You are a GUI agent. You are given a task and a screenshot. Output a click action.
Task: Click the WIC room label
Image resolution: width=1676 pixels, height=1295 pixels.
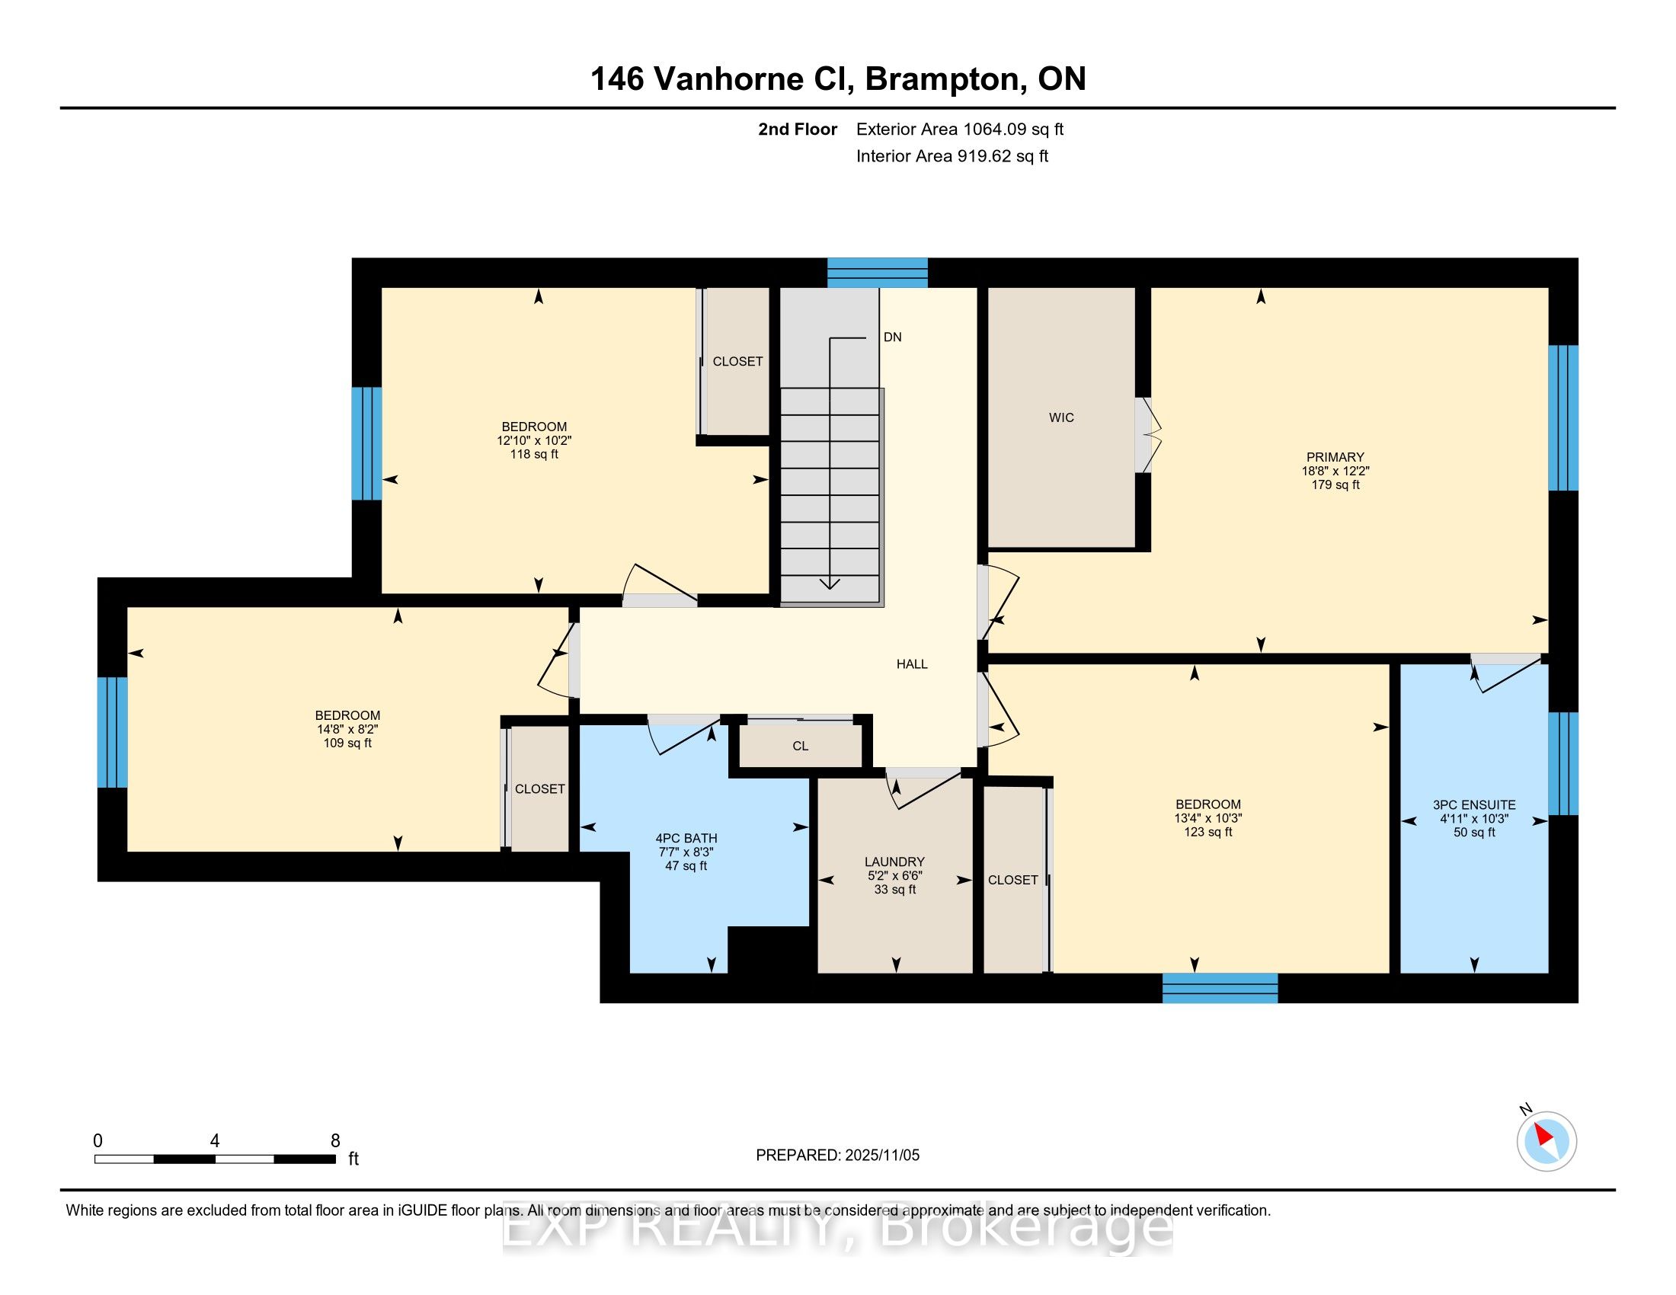pos(1061,417)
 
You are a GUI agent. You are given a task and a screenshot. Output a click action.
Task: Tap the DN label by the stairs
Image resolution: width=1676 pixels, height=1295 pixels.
pos(893,337)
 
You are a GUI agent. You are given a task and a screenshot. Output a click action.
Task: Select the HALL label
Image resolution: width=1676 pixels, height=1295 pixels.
pos(912,663)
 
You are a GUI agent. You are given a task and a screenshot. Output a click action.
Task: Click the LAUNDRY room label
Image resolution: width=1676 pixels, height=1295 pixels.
pos(894,862)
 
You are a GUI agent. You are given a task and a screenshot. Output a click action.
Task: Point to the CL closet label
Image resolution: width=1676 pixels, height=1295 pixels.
pos(801,746)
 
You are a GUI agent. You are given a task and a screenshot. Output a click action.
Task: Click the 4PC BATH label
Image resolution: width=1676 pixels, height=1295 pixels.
pos(686,839)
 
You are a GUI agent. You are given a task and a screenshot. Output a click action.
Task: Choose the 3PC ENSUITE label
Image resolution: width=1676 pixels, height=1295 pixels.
pos(1474,804)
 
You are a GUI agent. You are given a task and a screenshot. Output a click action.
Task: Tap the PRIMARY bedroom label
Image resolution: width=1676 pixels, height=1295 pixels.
pos(1335,457)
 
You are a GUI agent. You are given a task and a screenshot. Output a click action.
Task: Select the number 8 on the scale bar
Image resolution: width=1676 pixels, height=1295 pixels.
pos(335,1141)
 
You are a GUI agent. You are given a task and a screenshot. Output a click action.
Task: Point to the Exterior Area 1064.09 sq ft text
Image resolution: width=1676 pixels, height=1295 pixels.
pos(960,129)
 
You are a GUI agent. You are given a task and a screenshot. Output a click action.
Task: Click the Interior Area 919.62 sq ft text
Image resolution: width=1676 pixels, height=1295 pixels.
pos(952,156)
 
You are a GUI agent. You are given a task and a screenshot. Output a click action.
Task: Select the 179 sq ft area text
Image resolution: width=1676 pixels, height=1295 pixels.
pos(1335,484)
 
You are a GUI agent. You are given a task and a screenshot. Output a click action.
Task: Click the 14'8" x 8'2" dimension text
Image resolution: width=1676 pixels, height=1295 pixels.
pos(347,730)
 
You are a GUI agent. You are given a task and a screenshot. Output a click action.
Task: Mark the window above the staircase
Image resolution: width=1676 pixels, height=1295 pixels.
pos(877,273)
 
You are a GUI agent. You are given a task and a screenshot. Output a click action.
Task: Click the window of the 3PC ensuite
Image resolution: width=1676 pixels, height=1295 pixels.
pos(1563,763)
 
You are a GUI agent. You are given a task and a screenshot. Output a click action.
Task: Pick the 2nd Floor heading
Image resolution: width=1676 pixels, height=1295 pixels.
pos(798,129)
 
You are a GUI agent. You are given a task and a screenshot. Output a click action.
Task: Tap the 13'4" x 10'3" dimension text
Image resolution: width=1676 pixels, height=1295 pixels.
pos(1208,819)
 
